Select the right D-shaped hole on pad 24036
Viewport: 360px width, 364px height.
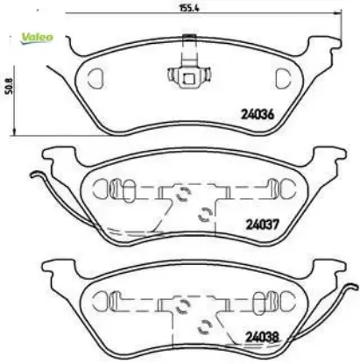282,78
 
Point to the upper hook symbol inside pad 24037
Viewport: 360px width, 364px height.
185,195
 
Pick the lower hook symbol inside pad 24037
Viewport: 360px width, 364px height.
204,210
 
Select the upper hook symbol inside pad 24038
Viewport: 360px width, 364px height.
185,305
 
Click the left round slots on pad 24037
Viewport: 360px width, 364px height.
107,188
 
